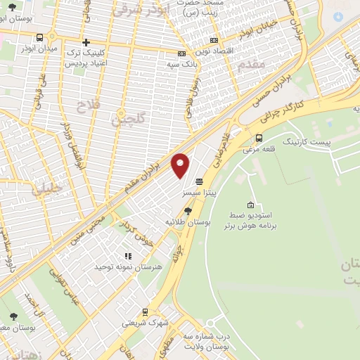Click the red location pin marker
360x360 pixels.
tap(181, 166)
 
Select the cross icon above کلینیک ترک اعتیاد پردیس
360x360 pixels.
tap(86, 43)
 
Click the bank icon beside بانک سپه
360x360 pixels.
tap(181, 53)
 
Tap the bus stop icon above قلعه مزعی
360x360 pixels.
tap(259, 138)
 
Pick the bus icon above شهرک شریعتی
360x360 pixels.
tap(146, 311)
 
